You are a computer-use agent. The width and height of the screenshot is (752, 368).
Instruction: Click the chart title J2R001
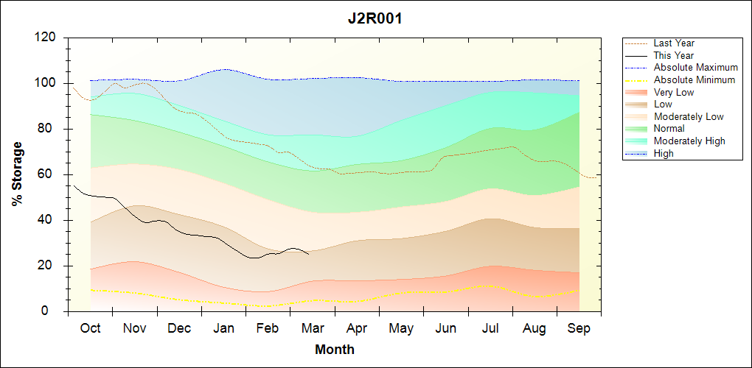tap(375, 19)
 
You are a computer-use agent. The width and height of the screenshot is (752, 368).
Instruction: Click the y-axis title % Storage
tap(18, 178)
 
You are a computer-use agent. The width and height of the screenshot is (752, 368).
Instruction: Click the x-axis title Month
tap(334, 350)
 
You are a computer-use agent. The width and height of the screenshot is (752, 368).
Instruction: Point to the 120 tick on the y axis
tap(46, 38)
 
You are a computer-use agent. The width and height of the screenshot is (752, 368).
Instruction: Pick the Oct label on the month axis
tap(90, 329)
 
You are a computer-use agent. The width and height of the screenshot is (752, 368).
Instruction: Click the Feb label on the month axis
tap(268, 329)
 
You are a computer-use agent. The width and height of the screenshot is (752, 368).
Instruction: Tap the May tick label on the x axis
tap(401, 329)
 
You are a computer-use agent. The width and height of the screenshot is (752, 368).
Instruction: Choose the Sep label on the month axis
tap(579, 329)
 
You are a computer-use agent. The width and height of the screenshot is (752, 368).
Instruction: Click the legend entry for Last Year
tap(673, 43)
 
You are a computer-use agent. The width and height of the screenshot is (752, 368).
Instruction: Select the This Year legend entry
tap(673, 55)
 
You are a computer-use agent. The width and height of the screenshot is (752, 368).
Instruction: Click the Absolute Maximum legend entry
tap(695, 68)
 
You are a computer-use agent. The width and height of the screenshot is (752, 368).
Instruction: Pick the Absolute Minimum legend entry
tap(694, 79)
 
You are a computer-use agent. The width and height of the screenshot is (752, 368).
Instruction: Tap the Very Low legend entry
tap(673, 92)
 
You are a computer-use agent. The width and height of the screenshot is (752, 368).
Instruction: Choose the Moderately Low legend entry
tap(689, 116)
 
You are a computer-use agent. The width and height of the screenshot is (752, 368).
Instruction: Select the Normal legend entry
tap(669, 129)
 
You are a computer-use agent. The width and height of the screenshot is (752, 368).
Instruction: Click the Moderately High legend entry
tap(689, 141)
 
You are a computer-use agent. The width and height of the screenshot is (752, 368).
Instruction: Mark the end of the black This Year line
tap(308, 255)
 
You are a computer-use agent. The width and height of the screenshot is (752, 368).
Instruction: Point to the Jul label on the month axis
tap(490, 329)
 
